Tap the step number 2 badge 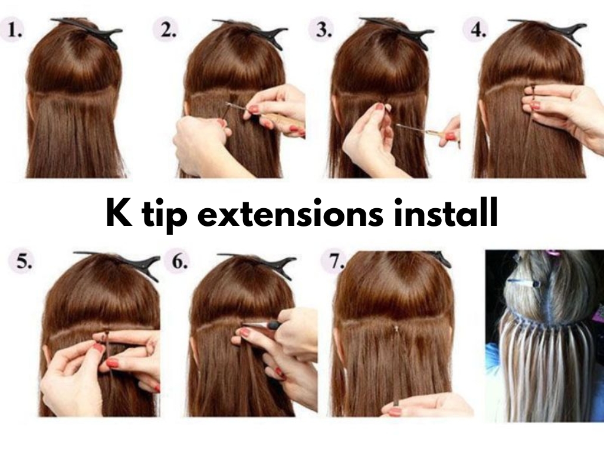pyautogui.click(x=167, y=31)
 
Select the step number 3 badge pyautogui.click(x=322, y=31)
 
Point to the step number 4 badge pyautogui.click(x=476, y=30)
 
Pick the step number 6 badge pyautogui.click(x=176, y=263)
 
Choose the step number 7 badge pyautogui.click(x=334, y=262)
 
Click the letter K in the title pyautogui.click(x=119, y=214)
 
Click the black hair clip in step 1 pyautogui.click(x=89, y=30)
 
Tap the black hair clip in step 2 pyautogui.click(x=254, y=30)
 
